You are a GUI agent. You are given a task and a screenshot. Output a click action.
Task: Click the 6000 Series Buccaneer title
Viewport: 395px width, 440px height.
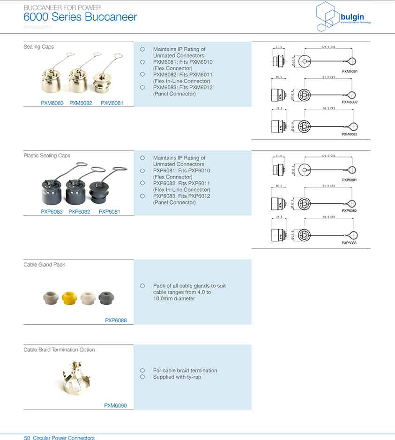(x=80, y=17)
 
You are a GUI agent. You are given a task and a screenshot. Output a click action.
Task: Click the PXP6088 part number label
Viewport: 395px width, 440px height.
(x=116, y=321)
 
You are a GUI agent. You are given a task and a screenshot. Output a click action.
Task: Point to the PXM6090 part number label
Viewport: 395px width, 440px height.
(x=115, y=406)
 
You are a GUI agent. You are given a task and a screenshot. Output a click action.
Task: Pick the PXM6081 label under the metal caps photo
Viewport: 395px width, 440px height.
(x=112, y=103)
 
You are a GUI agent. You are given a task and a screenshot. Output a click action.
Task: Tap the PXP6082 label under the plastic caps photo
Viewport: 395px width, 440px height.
(x=79, y=212)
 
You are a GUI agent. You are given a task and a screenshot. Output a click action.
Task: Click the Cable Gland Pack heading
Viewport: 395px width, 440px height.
(x=45, y=265)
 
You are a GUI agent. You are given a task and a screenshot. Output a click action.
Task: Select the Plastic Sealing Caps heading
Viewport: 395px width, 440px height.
(x=47, y=156)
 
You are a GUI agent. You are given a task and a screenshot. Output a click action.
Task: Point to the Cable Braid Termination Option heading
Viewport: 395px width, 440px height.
(x=59, y=350)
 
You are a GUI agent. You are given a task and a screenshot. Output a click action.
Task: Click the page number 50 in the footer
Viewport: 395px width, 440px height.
(x=27, y=438)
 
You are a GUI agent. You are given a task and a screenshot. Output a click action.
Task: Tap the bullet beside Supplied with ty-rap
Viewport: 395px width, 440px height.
(x=142, y=377)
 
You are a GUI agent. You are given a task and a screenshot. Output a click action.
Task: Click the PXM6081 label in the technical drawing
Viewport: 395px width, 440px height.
(x=350, y=71)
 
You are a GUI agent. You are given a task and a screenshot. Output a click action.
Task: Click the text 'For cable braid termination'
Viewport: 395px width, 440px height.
(x=185, y=371)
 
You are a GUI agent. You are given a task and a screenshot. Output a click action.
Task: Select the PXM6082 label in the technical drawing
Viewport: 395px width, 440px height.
(x=350, y=102)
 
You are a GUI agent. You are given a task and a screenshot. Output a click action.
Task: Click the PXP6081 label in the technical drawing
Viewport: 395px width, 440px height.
(x=350, y=180)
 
